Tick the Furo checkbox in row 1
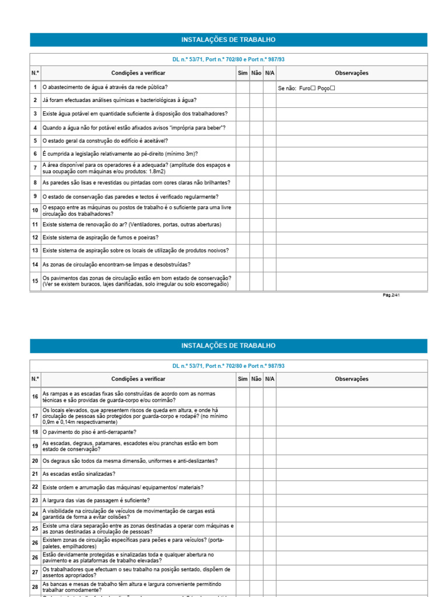[x=313, y=88]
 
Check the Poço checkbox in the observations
[x=332, y=88]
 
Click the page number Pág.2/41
[x=391, y=295]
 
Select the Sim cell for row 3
[x=243, y=114]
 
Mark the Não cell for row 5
[x=256, y=141]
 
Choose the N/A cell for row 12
[x=269, y=237]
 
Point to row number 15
[x=35, y=281]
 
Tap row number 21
[x=35, y=474]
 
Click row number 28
[x=35, y=587]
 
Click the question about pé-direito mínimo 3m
[x=120, y=154]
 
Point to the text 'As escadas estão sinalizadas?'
[x=79, y=474]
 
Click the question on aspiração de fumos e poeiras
[x=100, y=237]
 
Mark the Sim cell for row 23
[x=243, y=500]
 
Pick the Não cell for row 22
[x=256, y=487]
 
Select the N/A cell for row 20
[x=269, y=461]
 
